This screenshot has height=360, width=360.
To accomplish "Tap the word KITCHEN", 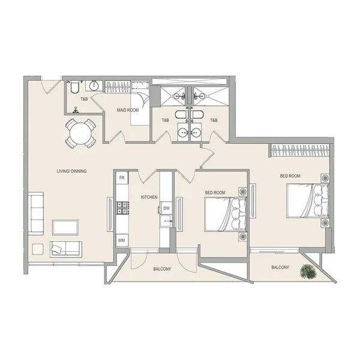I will (x=149, y=197).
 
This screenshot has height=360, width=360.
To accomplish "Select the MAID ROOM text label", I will (x=127, y=111).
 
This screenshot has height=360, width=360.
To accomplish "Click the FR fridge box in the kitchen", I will (x=122, y=178).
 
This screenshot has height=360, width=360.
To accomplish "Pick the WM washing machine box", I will (x=122, y=241).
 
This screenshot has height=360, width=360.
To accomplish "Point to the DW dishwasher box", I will (x=166, y=209).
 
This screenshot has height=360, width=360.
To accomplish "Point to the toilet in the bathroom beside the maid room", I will (x=73, y=89).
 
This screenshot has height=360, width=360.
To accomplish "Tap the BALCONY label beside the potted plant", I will (x=280, y=267).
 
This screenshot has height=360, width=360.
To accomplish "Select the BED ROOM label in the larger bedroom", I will (x=290, y=176).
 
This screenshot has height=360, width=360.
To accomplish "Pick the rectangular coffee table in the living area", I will (x=65, y=227).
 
